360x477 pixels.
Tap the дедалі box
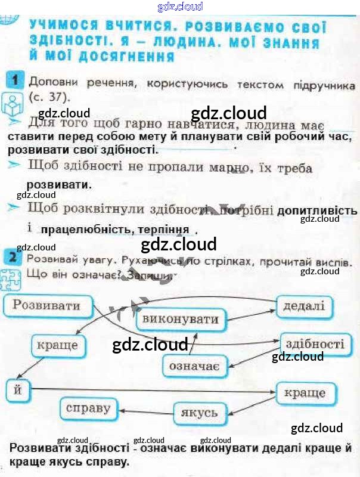(x=303, y=307)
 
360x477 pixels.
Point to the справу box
(x=88, y=408)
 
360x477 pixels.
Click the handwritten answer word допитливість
(x=317, y=210)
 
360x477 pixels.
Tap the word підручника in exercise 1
(x=322, y=85)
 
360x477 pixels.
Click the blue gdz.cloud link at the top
(x=180, y=7)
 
